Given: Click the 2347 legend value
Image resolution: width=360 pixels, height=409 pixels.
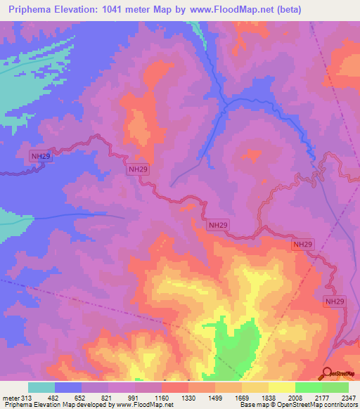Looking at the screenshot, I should pyautogui.click(x=348, y=398).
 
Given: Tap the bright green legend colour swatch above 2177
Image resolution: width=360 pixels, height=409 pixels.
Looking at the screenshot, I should pyautogui.click(x=309, y=387).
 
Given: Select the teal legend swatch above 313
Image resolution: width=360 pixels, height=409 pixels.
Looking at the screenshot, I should pyautogui.click(x=41, y=387).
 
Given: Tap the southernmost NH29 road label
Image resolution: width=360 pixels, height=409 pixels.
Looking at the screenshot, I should pyautogui.click(x=335, y=301).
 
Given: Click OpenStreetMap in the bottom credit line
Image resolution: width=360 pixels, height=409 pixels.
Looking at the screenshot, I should pyautogui.click(x=302, y=405).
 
